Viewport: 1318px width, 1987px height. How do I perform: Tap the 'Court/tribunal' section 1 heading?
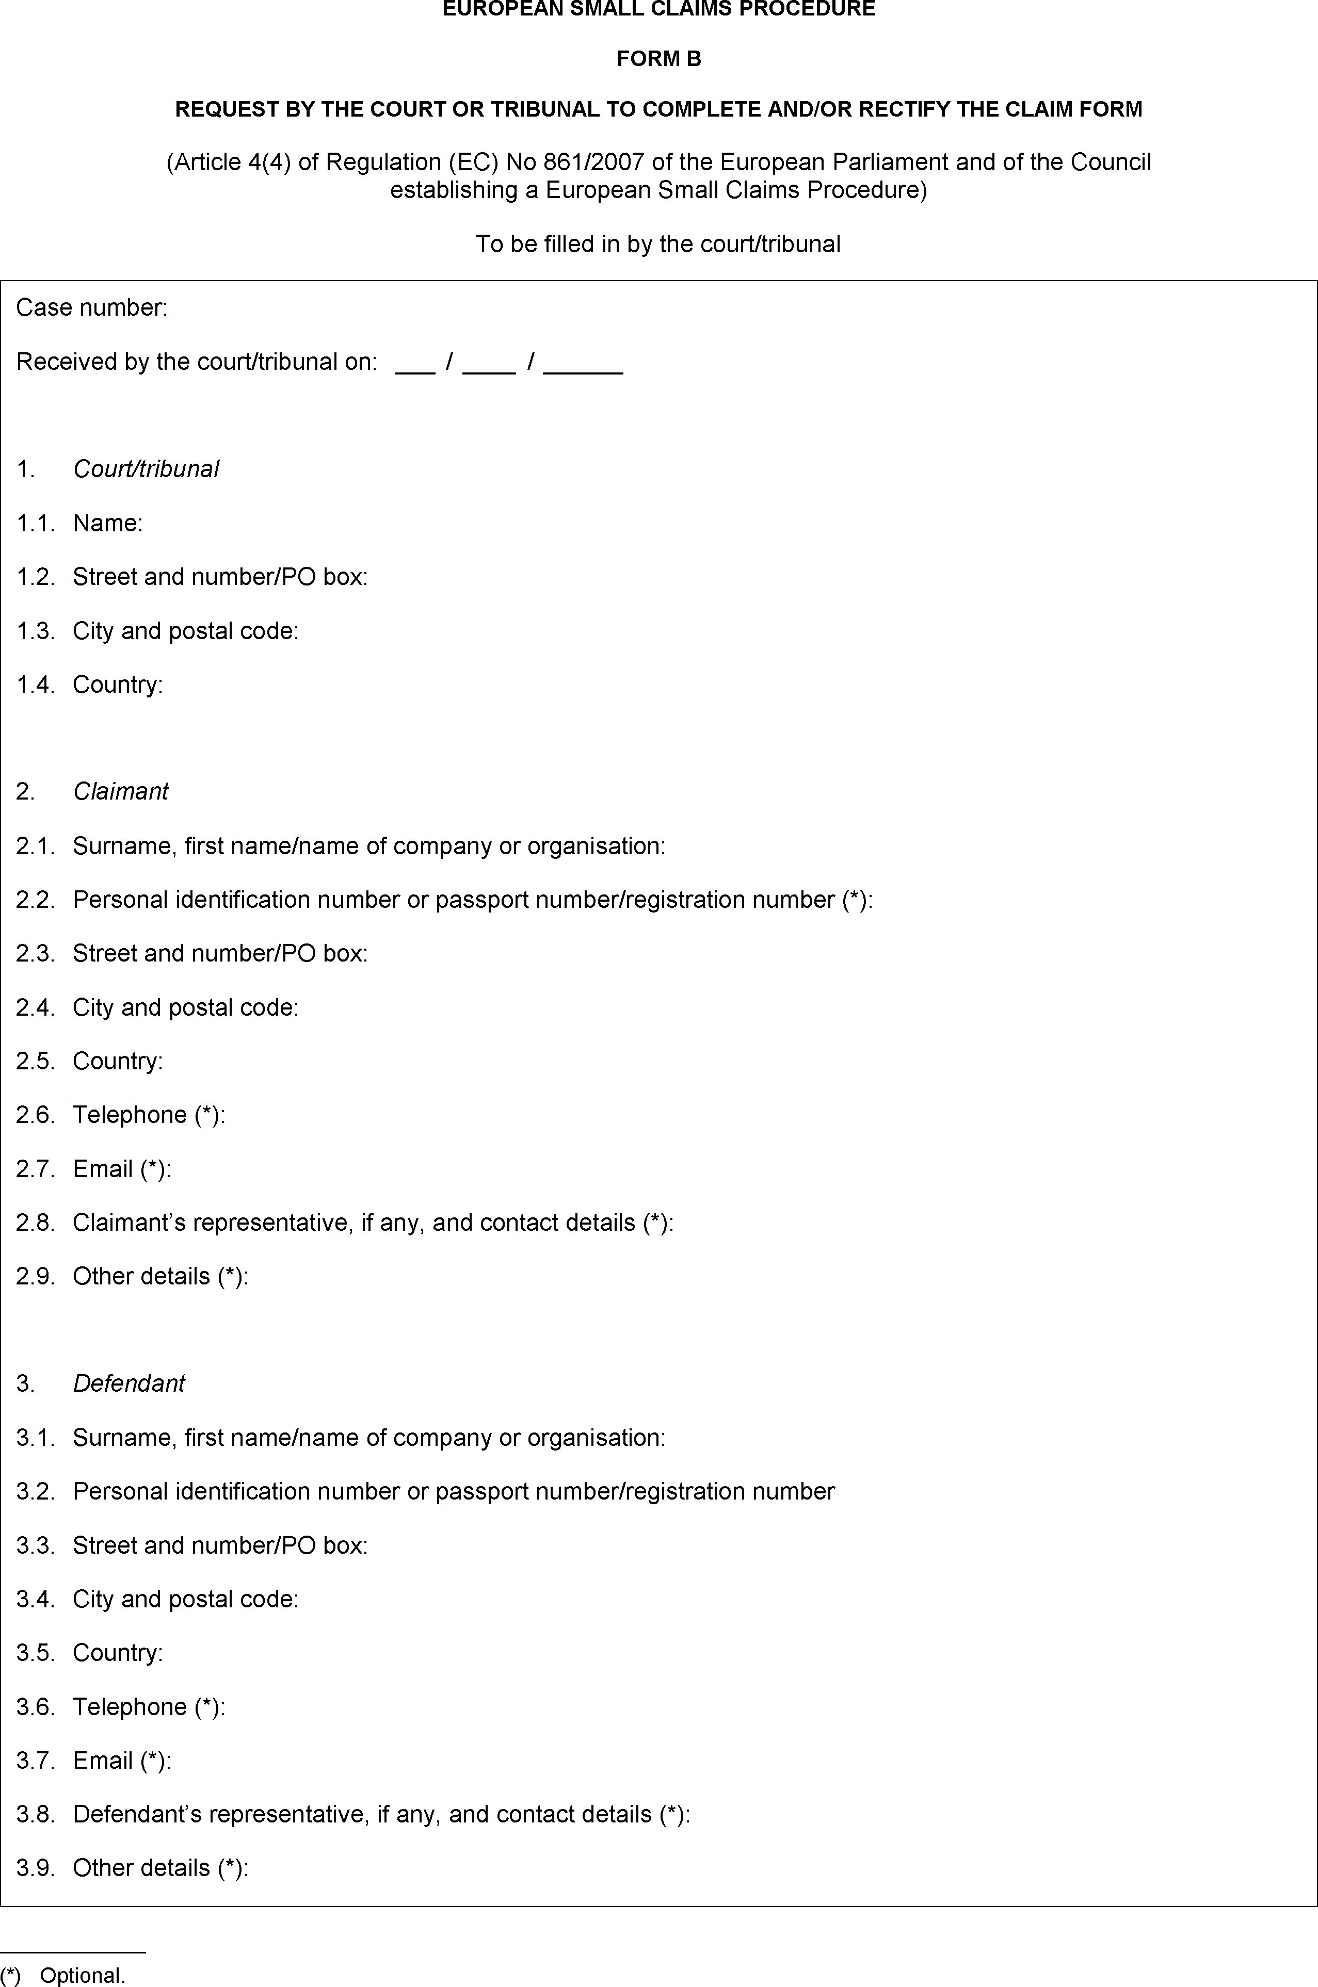click(146, 469)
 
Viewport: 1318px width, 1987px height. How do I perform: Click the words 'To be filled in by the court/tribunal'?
click(658, 245)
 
